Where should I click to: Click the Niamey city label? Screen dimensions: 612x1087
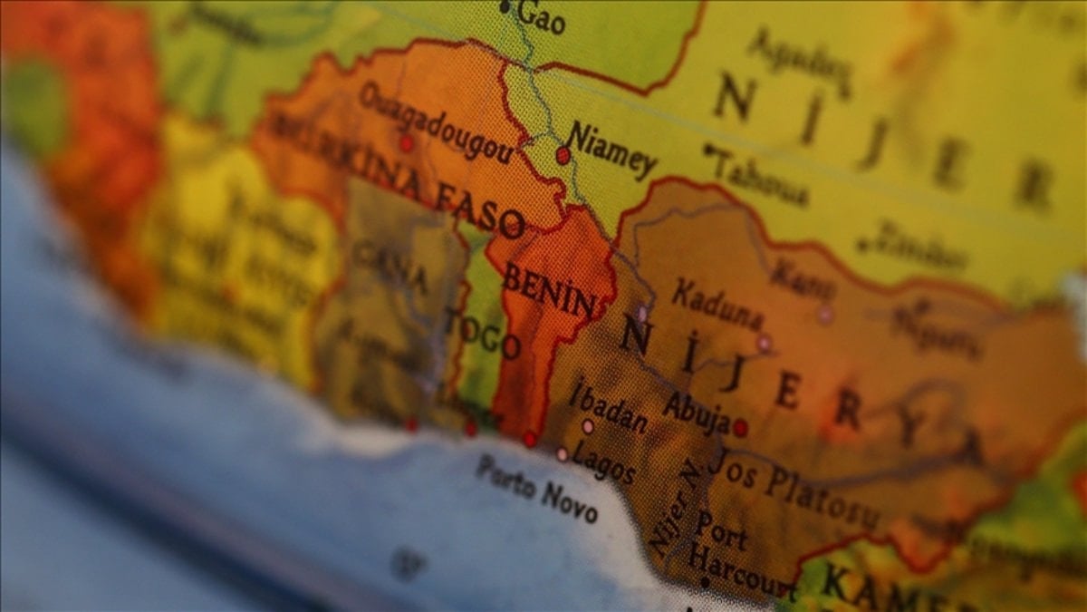(x=611, y=151)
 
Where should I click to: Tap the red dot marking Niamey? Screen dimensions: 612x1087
(x=563, y=155)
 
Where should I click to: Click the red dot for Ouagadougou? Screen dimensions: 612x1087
(x=406, y=143)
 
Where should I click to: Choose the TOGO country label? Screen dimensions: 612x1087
(x=484, y=333)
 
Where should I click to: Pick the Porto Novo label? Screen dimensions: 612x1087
(x=537, y=488)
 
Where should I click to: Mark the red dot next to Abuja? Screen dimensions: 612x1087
(x=740, y=428)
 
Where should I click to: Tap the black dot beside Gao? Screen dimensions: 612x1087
(x=505, y=7)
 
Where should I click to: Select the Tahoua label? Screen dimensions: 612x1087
(x=761, y=178)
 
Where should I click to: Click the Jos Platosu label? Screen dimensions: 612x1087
(x=793, y=489)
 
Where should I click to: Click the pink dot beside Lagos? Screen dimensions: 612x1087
(x=563, y=453)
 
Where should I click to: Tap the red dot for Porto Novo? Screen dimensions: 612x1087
(x=529, y=440)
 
